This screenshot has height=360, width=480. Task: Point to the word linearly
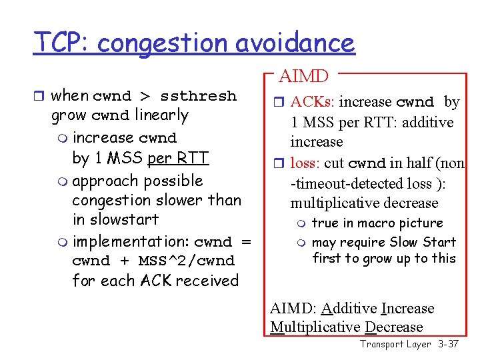tap(161, 115)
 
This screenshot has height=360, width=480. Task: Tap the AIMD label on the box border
tap(303, 77)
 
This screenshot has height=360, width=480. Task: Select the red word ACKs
tap(314, 102)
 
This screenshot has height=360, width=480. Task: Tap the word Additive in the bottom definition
tap(349, 308)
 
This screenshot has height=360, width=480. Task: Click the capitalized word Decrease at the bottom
tap(393, 327)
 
